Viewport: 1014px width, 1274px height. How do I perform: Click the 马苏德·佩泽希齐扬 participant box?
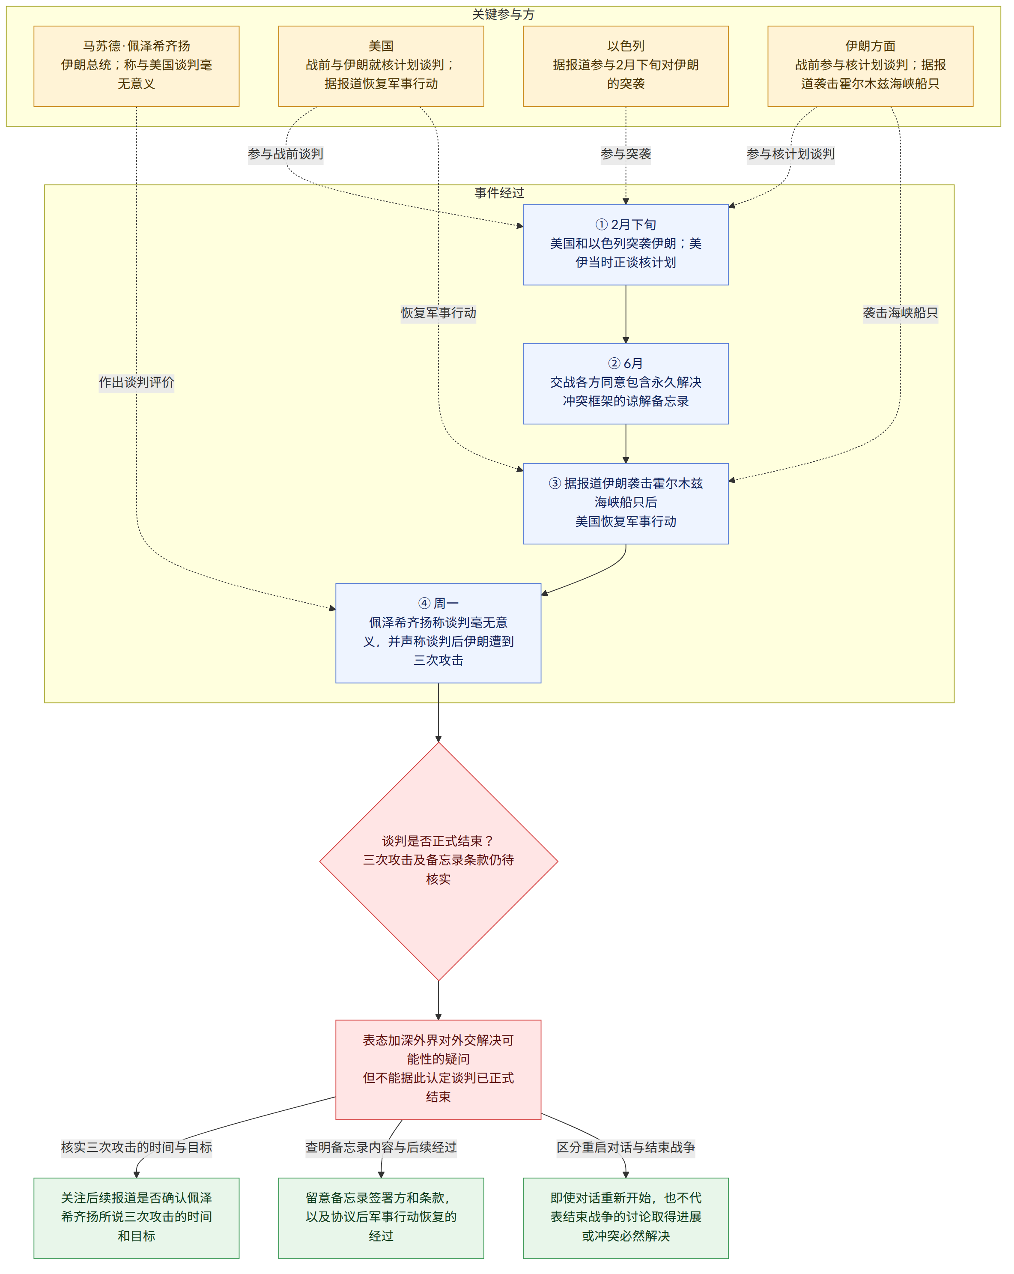pyautogui.click(x=137, y=66)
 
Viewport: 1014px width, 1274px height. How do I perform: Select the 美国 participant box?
pyautogui.click(x=381, y=66)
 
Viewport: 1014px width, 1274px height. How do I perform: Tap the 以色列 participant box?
pyautogui.click(x=626, y=66)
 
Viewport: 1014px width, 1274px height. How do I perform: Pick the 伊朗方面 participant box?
pyautogui.click(x=870, y=66)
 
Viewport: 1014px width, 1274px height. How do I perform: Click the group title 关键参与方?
pyautogui.click(x=503, y=14)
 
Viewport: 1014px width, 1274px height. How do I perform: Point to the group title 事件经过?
pyautogui.click(x=499, y=193)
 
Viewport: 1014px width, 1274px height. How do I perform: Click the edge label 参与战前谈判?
pyautogui.click(x=285, y=154)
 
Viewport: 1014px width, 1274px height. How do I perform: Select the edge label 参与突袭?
pyautogui.click(x=626, y=154)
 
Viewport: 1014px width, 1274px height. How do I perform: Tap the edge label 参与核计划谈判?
pyautogui.click(x=790, y=154)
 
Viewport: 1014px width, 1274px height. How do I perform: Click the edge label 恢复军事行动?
pyautogui.click(x=438, y=313)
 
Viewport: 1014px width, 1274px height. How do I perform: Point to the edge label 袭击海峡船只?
pyautogui.click(x=900, y=313)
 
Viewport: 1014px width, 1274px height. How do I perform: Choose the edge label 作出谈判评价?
pyautogui.click(x=137, y=382)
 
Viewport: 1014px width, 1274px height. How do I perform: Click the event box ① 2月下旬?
pyautogui.click(x=626, y=245)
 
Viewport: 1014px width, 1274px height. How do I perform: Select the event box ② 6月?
pyautogui.click(x=626, y=383)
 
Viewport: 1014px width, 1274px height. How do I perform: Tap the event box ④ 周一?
pyautogui.click(x=438, y=633)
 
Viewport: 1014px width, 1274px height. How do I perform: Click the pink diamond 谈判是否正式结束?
pyautogui.click(x=438, y=861)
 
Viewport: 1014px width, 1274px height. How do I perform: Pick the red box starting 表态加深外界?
pyautogui.click(x=438, y=1070)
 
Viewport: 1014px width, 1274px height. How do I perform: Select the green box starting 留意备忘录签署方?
pyautogui.click(x=381, y=1218)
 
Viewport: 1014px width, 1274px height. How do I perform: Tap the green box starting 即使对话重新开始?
pyautogui.click(x=626, y=1218)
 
